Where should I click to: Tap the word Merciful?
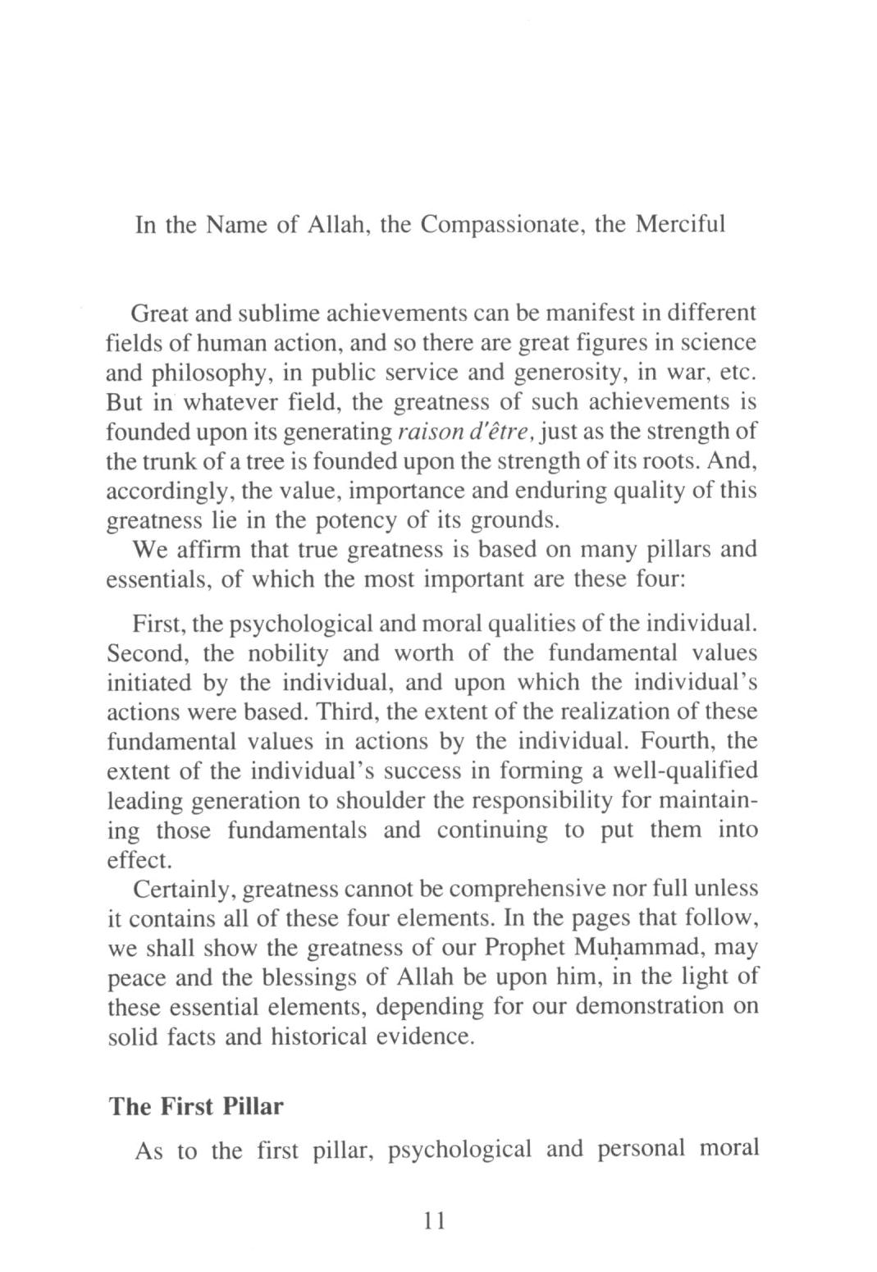click(681, 224)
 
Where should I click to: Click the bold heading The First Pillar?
click(196, 1106)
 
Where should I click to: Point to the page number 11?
click(433, 1220)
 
